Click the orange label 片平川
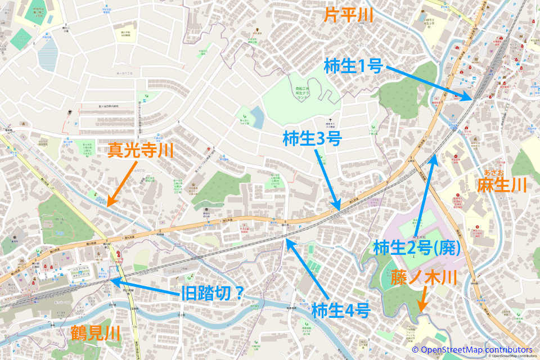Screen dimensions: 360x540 pyautogui.click(x=348, y=15)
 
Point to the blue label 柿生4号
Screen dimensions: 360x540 pyautogui.click(x=340, y=309)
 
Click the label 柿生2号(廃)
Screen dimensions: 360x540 pyautogui.click(x=417, y=247)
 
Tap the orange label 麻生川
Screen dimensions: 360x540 pyautogui.click(x=502, y=185)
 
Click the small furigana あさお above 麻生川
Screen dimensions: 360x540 pyautogui.click(x=493, y=172)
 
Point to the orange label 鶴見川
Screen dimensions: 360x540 pyautogui.click(x=96, y=333)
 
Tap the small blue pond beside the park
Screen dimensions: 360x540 pyautogui.click(x=257, y=116)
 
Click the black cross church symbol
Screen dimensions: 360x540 pyautogui.click(x=330, y=119)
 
